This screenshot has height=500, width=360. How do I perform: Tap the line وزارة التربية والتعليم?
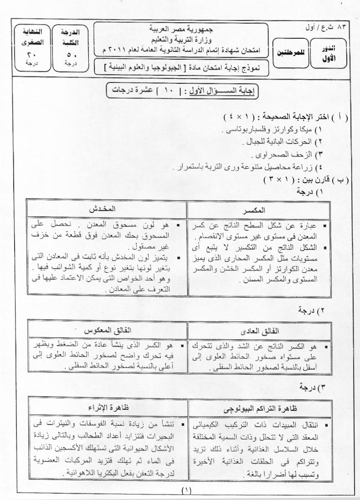pyautogui.click(x=181, y=38)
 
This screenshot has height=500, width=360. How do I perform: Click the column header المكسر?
pyautogui.click(x=258, y=210)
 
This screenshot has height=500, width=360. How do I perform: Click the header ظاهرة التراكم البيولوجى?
pyautogui.click(x=258, y=408)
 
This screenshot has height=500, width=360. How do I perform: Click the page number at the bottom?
pyautogui.click(x=186, y=490)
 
